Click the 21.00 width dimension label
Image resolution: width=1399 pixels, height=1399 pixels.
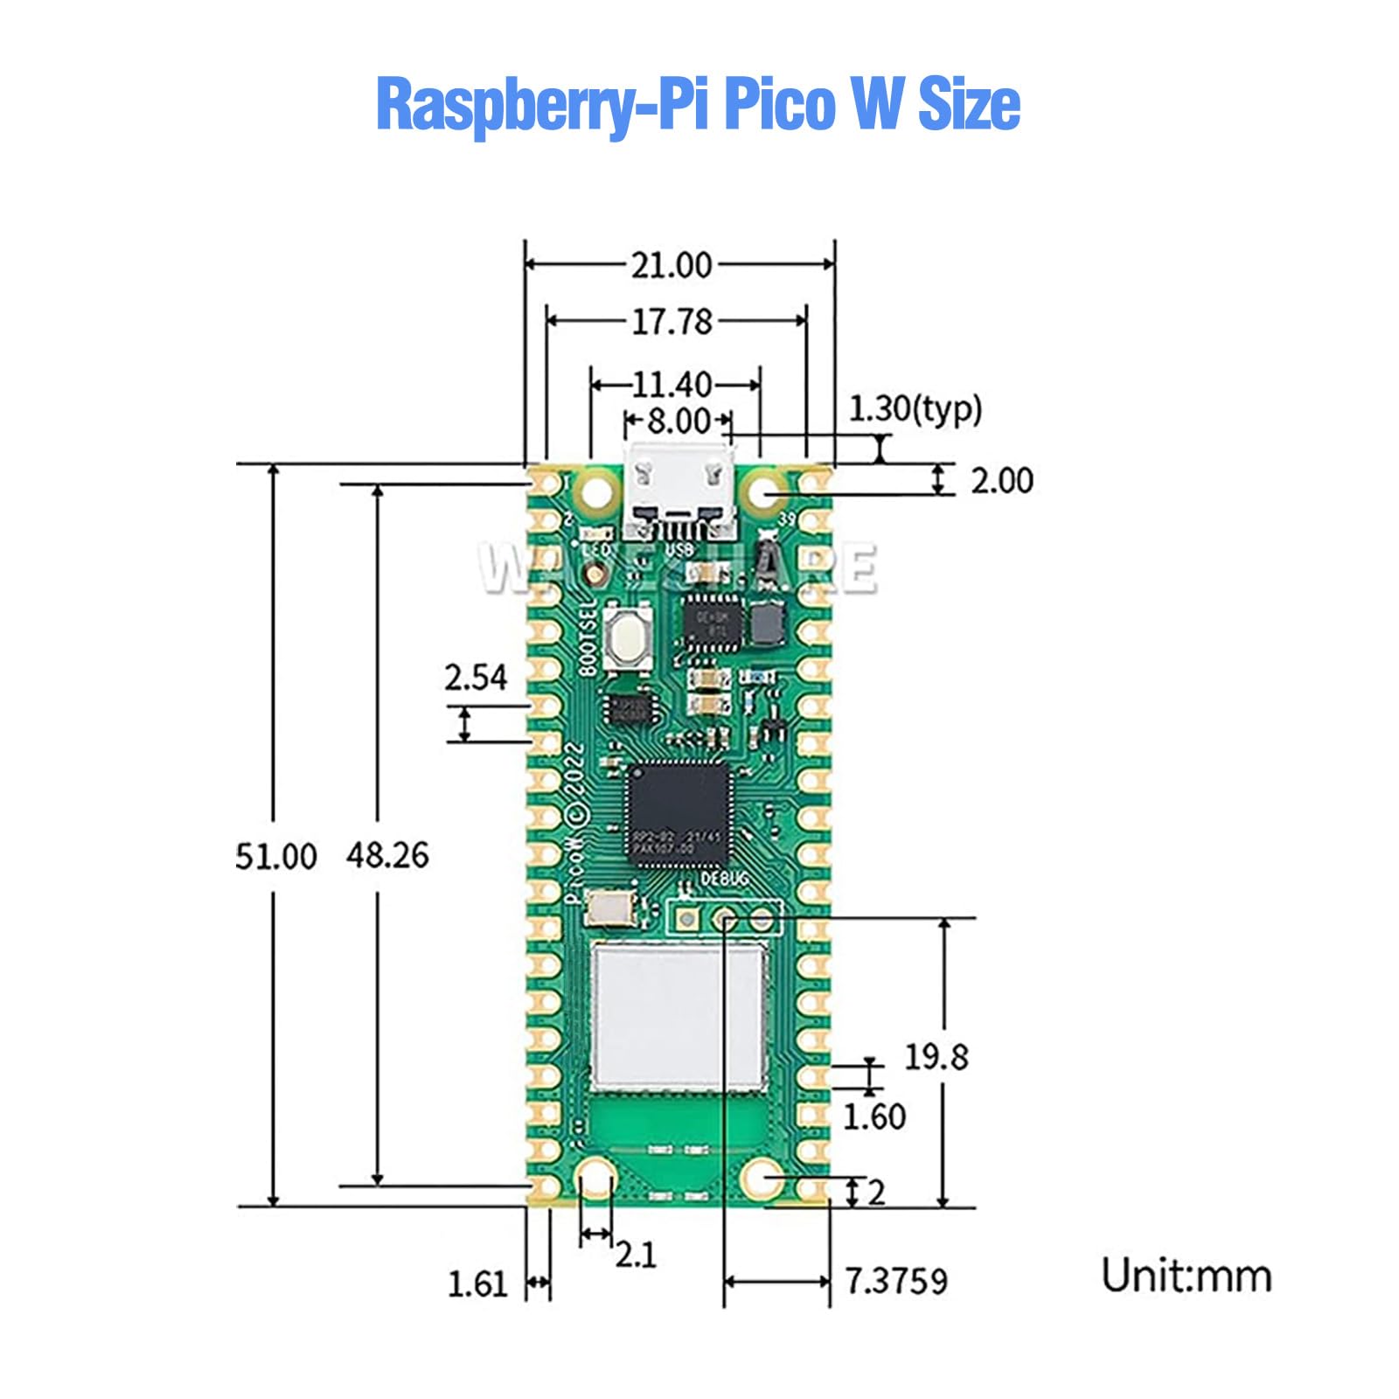[672, 265]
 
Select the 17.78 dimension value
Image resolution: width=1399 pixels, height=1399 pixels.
[672, 322]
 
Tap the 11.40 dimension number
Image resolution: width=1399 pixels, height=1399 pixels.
[672, 385]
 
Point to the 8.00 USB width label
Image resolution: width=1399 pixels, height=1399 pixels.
[679, 421]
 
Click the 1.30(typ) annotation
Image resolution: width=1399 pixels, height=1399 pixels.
[915, 408]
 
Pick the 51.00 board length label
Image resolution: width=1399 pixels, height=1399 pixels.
[275, 856]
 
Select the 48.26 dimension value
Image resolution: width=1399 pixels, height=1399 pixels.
[387, 855]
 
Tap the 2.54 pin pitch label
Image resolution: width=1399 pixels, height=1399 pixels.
[476, 678]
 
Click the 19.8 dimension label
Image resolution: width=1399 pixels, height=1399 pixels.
[936, 1057]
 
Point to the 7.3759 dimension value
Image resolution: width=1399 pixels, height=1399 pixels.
[896, 1281]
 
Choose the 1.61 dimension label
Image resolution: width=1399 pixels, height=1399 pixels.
[477, 1284]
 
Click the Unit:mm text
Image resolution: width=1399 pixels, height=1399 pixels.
[1186, 1276]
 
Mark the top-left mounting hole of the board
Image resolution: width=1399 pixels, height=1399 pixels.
[595, 491]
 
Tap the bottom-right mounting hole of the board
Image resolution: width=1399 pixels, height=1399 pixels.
[762, 1178]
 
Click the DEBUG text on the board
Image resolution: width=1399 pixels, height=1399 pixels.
[725, 879]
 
